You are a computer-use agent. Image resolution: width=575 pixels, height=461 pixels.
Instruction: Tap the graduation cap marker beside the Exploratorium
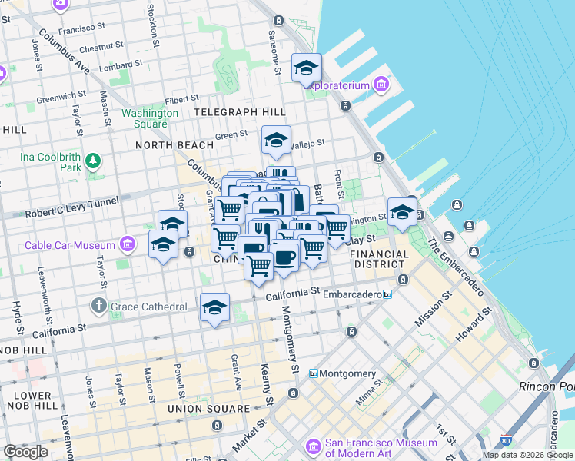[306, 68]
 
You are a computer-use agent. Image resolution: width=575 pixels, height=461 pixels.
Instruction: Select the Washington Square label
[150, 118]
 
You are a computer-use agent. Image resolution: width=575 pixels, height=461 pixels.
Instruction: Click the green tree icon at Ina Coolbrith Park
[93, 161]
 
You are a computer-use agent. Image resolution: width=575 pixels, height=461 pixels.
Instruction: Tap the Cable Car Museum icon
[128, 245]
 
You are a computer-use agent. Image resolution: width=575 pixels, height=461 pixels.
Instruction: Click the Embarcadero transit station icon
[387, 294]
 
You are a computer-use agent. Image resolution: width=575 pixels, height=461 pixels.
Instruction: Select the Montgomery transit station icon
[314, 373]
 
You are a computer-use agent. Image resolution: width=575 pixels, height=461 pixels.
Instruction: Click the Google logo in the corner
[25, 452]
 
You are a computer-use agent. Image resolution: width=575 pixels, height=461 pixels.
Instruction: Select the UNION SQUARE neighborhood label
[209, 409]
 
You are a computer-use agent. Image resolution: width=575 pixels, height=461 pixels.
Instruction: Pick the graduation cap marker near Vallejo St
[276, 141]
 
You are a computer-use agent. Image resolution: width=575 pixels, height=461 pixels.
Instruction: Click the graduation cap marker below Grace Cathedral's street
[214, 308]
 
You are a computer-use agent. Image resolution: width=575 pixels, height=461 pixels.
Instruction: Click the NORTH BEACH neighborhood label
[174, 144]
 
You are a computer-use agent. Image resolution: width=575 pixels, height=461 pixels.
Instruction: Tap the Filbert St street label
[181, 98]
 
